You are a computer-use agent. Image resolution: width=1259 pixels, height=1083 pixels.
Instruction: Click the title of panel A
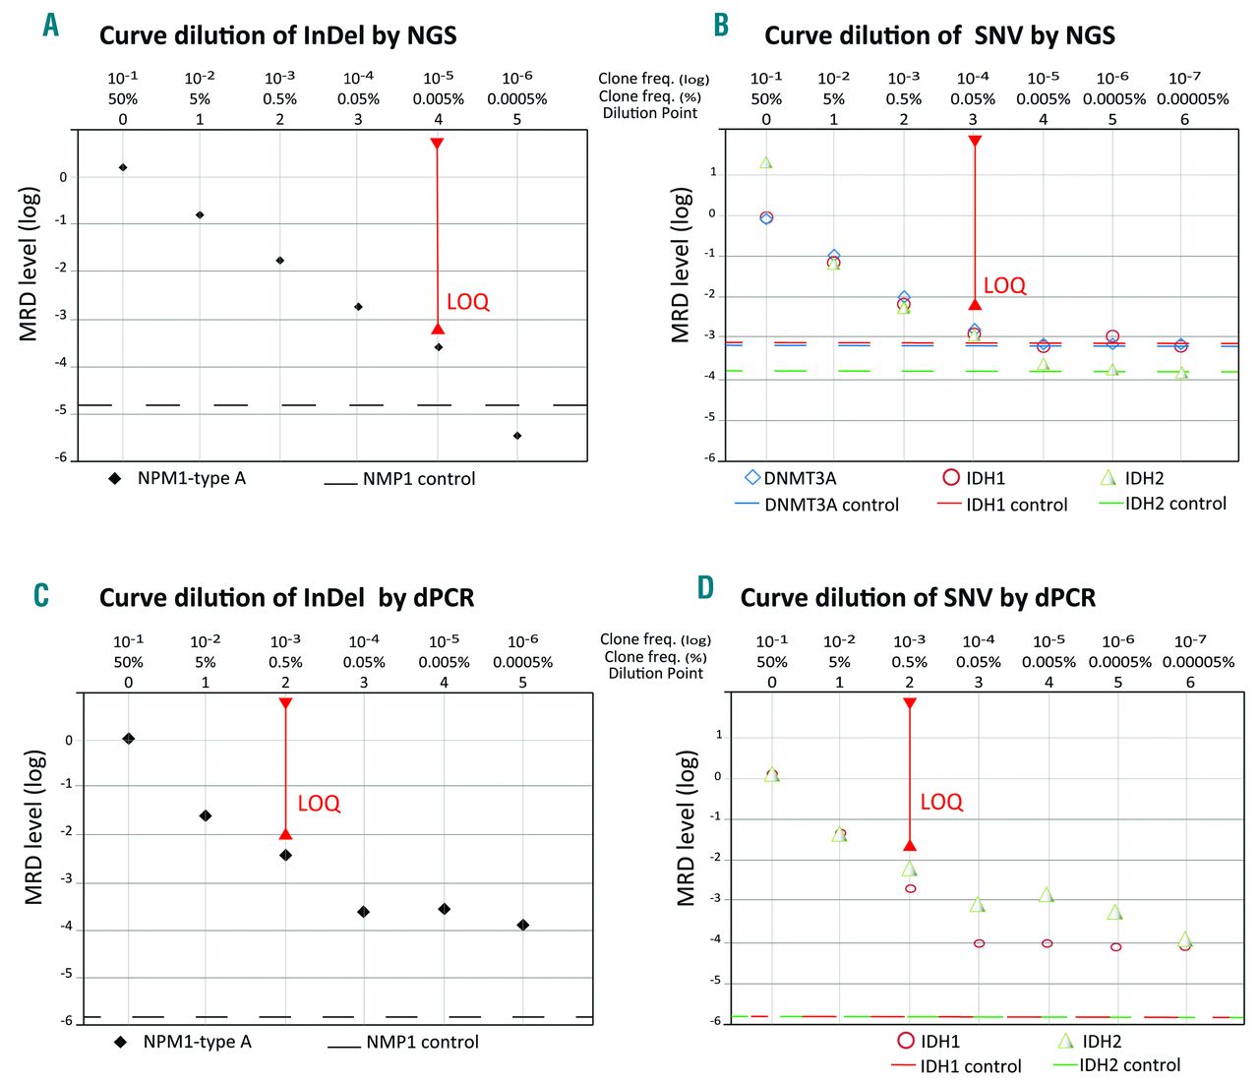coord(277,36)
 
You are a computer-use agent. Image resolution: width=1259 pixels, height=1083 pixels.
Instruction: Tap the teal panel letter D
coord(705,588)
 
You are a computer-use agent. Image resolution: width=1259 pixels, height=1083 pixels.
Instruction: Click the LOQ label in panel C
coord(319,804)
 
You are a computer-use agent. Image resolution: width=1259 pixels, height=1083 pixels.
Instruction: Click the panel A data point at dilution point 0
coord(123,167)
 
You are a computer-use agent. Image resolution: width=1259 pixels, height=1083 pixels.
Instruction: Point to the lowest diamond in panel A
coord(517,436)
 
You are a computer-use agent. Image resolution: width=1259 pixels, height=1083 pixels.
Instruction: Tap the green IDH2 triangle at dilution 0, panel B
coord(766,162)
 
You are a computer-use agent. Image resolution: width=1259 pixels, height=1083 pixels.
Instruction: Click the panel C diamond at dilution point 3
coord(364,912)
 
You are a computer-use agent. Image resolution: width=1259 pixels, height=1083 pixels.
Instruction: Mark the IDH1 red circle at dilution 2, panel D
coord(911,888)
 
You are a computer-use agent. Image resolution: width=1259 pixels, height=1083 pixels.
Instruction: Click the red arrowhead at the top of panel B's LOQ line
coord(975,142)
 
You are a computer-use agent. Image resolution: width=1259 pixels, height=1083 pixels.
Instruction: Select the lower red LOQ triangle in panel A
coord(439,329)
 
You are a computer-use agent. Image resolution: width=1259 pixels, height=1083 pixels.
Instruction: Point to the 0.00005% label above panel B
coord(1192,99)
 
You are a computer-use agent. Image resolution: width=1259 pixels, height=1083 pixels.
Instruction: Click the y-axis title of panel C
coord(34,827)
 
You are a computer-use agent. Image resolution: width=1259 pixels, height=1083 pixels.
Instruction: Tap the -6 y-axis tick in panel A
coord(61,457)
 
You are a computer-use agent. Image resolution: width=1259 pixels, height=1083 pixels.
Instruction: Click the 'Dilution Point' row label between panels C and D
coord(656,674)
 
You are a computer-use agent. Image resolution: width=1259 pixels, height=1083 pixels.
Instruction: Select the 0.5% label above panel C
coord(285,662)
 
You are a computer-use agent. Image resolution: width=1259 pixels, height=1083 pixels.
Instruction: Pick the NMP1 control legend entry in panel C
coord(422,1042)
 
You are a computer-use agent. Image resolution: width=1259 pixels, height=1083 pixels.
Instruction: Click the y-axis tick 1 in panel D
coord(719,735)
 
